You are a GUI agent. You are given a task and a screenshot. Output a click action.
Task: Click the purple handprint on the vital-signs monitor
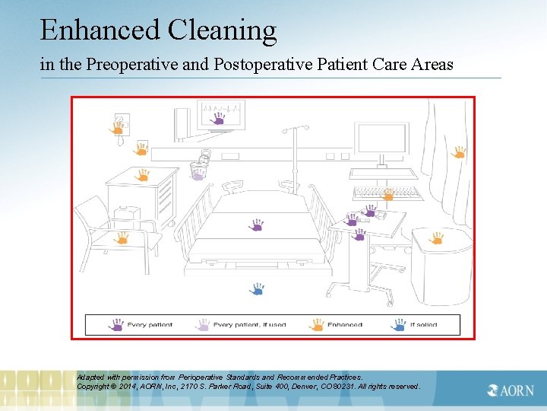coord(218,119)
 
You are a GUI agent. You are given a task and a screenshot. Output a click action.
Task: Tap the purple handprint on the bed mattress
coord(257,225)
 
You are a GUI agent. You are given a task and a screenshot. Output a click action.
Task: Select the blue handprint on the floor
coord(257,289)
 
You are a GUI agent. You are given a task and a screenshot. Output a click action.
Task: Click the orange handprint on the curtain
coord(458,152)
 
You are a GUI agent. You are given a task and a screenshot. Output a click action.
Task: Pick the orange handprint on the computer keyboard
coord(387,195)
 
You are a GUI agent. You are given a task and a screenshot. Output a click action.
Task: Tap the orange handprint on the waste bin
coord(436,239)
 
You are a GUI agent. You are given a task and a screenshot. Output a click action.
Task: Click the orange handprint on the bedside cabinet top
coord(141,175)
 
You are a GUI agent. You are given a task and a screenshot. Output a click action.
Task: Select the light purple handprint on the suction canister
coord(198,174)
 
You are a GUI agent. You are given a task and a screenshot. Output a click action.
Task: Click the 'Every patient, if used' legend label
coord(249,325)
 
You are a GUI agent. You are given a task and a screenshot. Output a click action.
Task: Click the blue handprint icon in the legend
coord(399,325)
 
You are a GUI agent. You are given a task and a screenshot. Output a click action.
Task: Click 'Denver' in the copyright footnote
coord(314,386)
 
